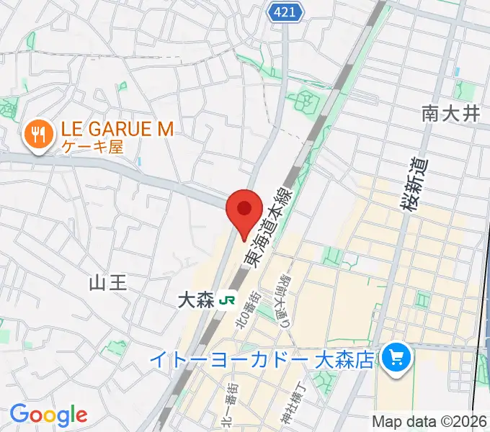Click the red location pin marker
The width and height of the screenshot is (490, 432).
click(x=244, y=210)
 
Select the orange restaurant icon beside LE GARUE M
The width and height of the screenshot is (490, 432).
click(x=36, y=135)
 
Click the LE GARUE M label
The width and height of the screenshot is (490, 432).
click(x=118, y=129)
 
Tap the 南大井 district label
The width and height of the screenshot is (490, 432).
click(x=450, y=113)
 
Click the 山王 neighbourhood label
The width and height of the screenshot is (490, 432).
click(x=107, y=282)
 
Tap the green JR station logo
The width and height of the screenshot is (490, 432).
click(x=228, y=300)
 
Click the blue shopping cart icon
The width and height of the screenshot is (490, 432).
click(x=395, y=356)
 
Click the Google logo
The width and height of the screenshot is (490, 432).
click(x=48, y=415)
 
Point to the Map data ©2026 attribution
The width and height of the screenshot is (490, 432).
click(x=429, y=421)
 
